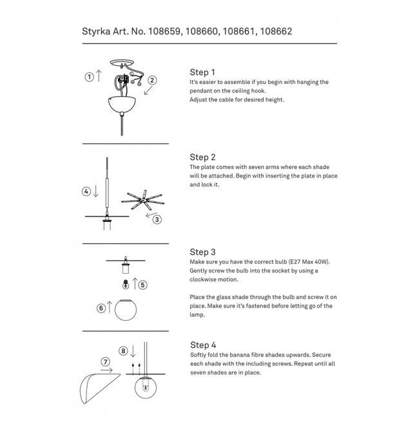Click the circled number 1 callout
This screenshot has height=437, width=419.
(89, 76)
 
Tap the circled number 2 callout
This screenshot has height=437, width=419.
(153, 81)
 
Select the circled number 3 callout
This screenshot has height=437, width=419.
(157, 219)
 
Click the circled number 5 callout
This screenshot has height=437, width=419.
(143, 284)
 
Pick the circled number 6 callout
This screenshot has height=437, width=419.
(101, 309)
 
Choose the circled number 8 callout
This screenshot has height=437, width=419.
(123, 351)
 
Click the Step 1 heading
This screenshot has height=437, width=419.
(202, 72)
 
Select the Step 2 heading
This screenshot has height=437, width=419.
(202, 157)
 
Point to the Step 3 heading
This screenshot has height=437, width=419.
(202, 252)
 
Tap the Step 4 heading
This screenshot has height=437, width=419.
(202, 345)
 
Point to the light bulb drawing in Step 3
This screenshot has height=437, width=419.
(124, 284)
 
